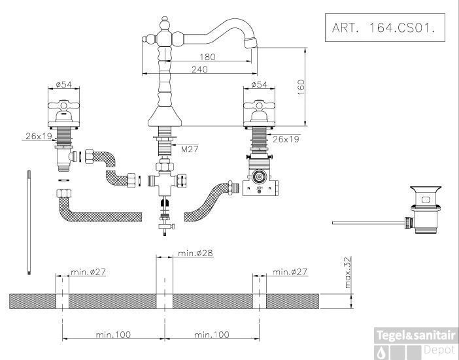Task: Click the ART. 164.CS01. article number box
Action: [x=381, y=29]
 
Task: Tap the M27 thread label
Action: [x=189, y=150]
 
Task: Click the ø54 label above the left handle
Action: [x=63, y=85]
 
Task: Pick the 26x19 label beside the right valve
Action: [x=286, y=139]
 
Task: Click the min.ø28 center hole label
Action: [x=195, y=252]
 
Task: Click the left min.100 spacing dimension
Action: [x=113, y=334]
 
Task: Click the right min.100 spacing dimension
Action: [x=212, y=334]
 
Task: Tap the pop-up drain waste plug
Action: [x=421, y=210]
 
